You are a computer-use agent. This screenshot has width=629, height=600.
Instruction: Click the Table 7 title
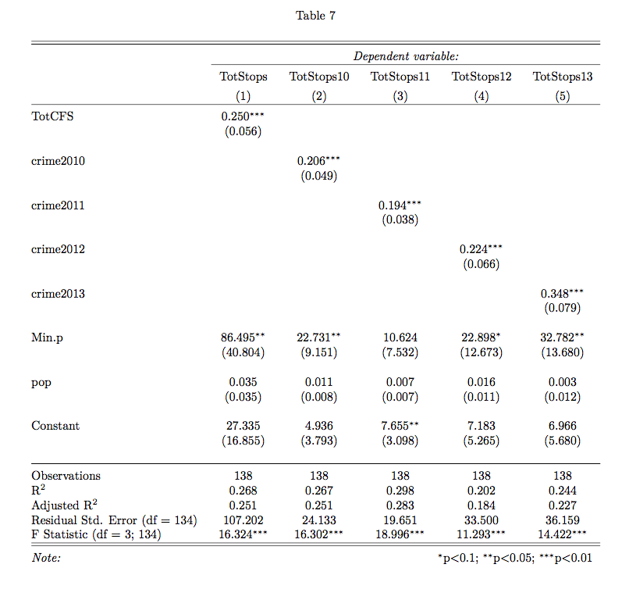coord(315,16)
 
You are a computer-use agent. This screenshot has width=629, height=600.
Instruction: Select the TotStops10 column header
coord(318,77)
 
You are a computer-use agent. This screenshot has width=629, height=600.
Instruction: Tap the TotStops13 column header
coord(562,77)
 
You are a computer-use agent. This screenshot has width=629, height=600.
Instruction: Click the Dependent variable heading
coord(406,56)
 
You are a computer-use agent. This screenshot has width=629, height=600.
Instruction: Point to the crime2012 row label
coord(58,250)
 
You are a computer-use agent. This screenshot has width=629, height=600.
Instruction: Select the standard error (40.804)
coord(243,352)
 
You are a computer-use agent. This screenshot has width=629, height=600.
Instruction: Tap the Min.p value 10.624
coord(400,337)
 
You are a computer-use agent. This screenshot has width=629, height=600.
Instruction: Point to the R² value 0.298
coord(400,490)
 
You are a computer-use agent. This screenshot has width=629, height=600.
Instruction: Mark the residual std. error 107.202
coord(243,520)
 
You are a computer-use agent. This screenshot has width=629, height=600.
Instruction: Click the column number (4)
coord(481,96)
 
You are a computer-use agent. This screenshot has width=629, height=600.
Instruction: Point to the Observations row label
coord(66,475)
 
